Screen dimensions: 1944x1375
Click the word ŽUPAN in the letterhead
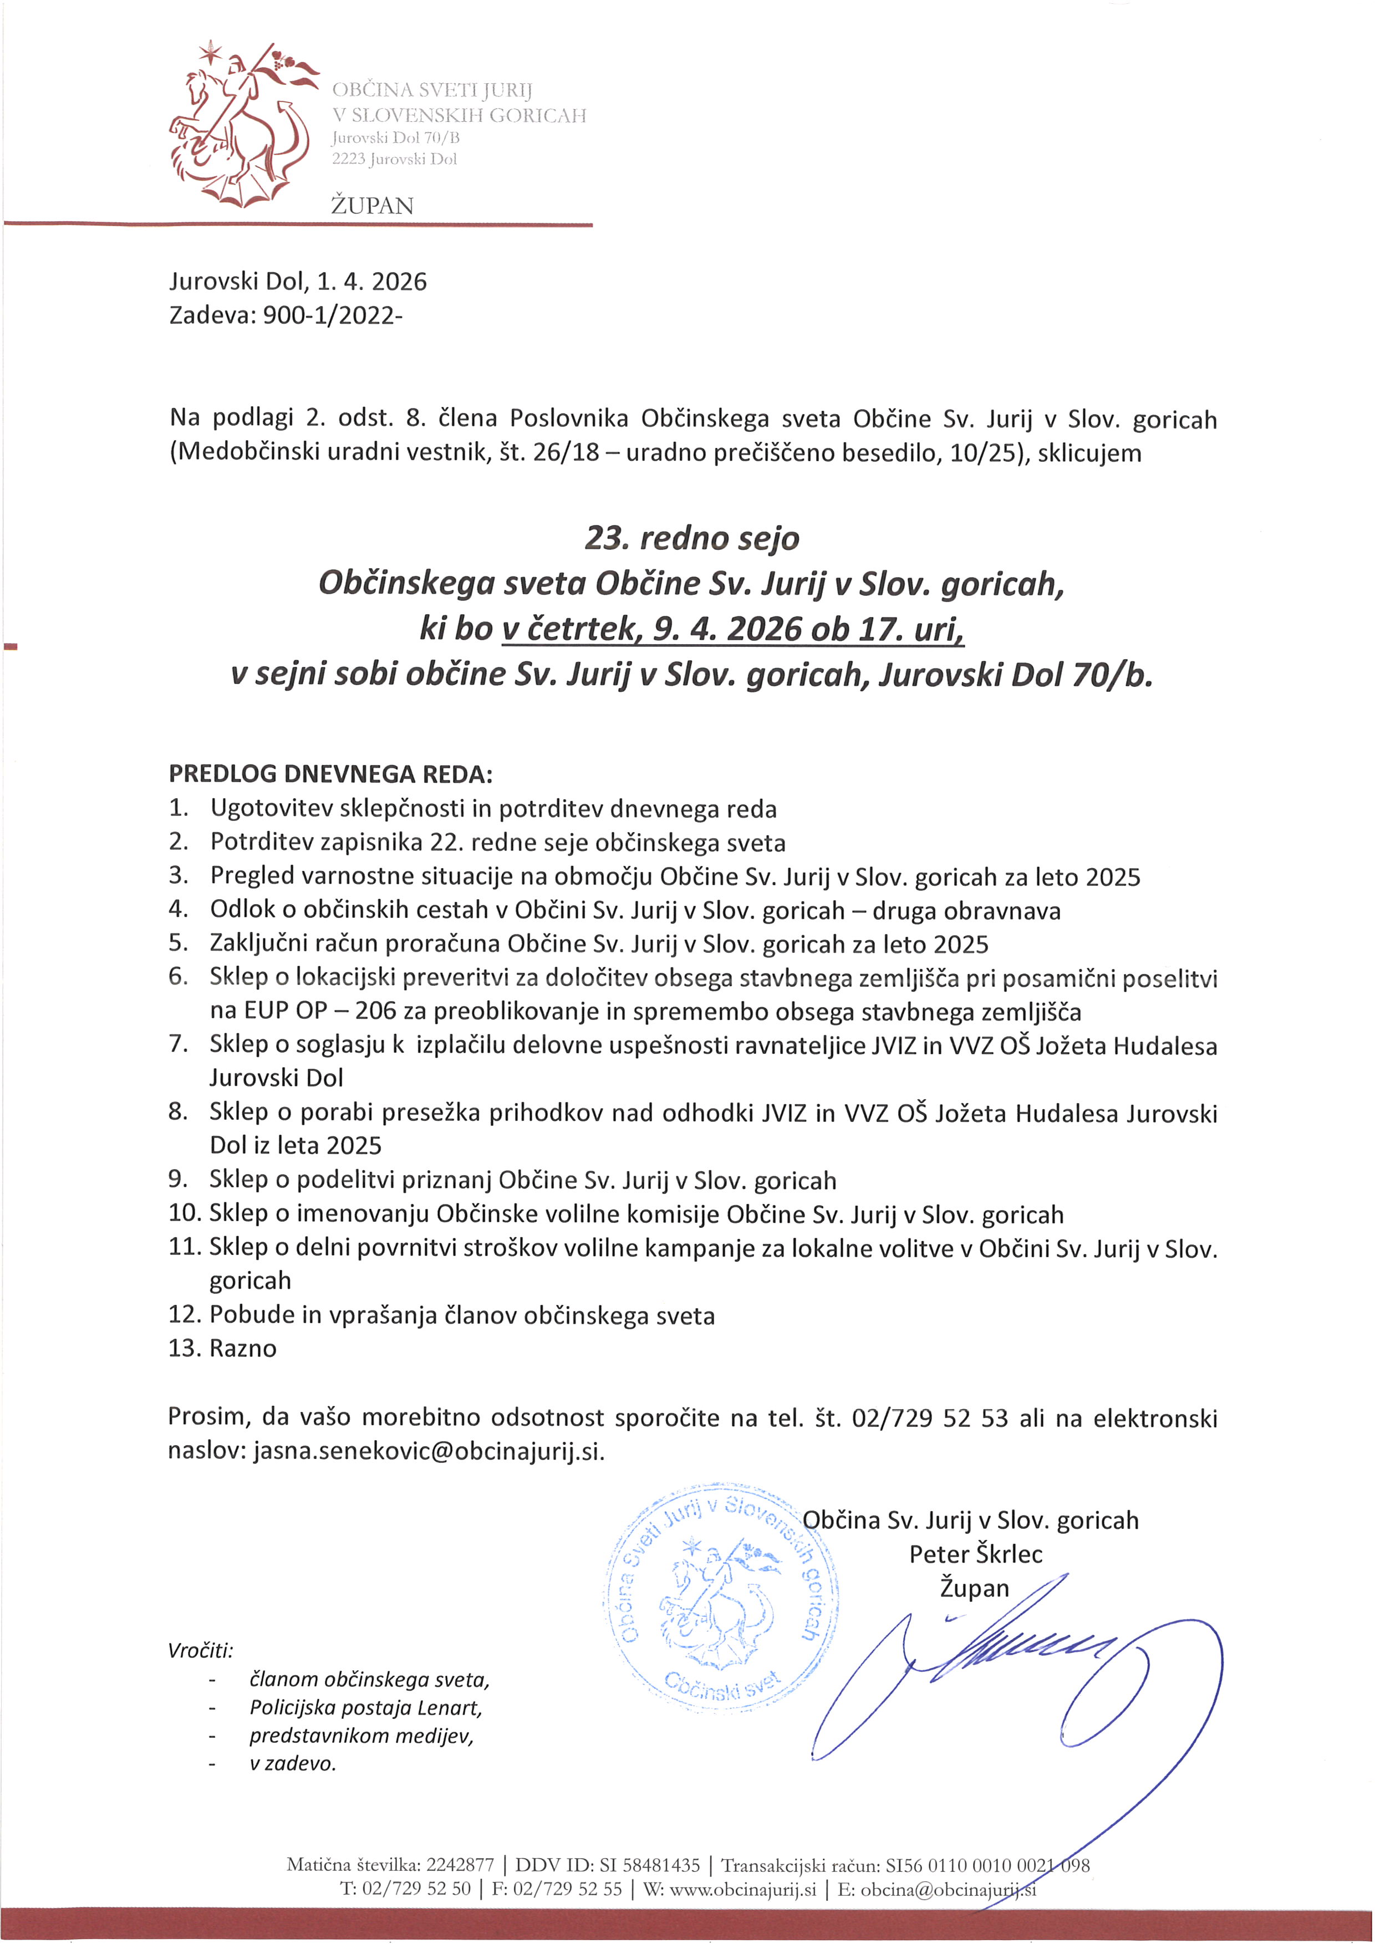coord(373,206)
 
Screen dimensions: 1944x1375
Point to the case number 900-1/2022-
coord(333,316)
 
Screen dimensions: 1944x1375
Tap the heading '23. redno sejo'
coord(692,538)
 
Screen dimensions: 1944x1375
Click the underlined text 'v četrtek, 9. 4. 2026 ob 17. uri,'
coord(732,628)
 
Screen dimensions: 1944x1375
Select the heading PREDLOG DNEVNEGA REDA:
coord(330,774)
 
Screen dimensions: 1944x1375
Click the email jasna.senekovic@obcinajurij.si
coord(429,1451)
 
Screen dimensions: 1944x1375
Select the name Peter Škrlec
coord(975,1554)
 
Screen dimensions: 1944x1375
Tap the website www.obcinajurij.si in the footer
coord(742,1889)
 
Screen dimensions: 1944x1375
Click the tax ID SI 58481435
coord(649,1864)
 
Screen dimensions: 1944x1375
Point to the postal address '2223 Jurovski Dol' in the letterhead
coord(395,159)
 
